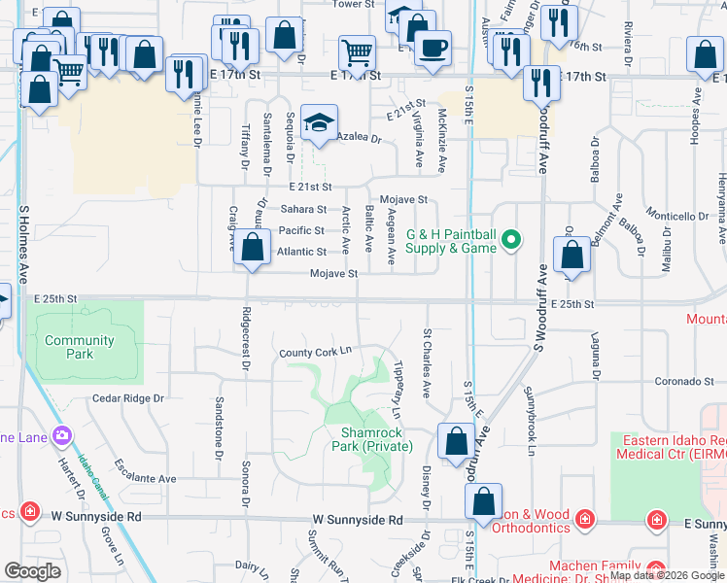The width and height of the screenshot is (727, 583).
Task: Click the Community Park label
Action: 80,347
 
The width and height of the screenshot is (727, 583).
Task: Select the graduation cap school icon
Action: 318,123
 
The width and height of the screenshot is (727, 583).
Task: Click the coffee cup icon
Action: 433,48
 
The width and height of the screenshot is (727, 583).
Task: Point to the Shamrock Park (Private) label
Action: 376,439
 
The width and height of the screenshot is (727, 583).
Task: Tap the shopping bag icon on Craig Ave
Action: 252,248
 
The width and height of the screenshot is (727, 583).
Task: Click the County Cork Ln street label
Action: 315,353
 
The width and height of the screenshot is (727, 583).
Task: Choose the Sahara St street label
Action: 303,209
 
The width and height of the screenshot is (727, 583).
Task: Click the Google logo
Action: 33,571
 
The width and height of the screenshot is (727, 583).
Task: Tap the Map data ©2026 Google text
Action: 666,575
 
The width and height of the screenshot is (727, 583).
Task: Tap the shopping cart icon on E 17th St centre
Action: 358,52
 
